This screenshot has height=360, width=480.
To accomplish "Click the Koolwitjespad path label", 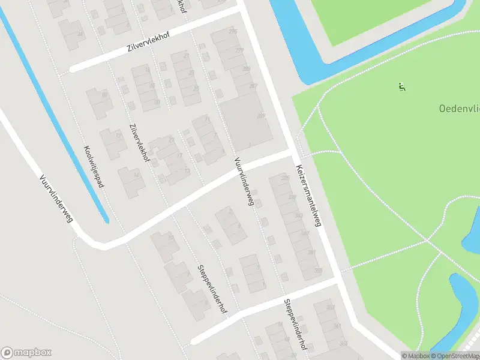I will (94, 166).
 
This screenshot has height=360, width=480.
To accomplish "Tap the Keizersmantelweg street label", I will (307, 195).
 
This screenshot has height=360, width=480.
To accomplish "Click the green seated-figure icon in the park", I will (401, 88).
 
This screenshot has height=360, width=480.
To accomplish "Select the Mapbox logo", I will (26, 353).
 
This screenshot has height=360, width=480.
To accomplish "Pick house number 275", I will (233, 31).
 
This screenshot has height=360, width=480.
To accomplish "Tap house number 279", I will (239, 50).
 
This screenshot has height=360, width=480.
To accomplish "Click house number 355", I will (319, 271).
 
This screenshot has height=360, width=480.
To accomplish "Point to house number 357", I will (330, 307).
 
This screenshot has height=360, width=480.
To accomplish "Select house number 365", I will (343, 344).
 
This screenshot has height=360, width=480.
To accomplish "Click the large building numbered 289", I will (260, 116).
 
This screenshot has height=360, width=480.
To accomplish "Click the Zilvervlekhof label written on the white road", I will (148, 42).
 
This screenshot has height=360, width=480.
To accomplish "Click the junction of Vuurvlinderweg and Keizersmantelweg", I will (293, 153).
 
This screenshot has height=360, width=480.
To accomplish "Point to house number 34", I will (80, 32).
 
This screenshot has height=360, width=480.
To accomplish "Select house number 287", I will (253, 86).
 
